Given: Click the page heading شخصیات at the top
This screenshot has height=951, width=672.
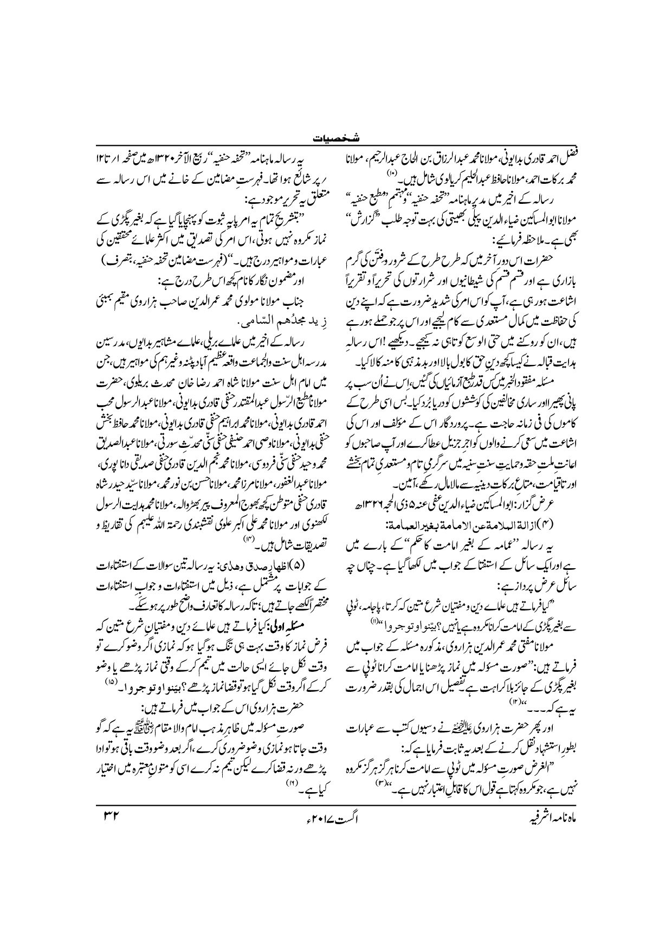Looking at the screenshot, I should coord(335,138).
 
